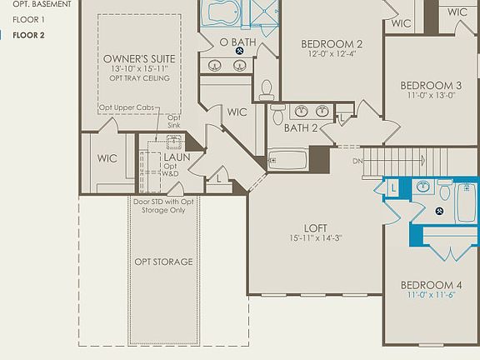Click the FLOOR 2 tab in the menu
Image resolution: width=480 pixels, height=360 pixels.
(x=28, y=35)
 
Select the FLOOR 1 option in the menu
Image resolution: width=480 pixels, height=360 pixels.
(x=28, y=19)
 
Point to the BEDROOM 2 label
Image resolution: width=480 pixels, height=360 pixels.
(x=331, y=44)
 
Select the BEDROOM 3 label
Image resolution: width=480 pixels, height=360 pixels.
(x=431, y=85)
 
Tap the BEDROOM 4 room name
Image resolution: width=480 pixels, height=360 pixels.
(x=431, y=284)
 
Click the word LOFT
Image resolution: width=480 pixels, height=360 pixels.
(x=315, y=227)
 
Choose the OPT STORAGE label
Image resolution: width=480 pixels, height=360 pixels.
(x=163, y=262)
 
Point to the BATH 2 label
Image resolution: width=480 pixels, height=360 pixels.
(x=301, y=127)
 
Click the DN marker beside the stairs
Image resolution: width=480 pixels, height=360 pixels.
(x=358, y=161)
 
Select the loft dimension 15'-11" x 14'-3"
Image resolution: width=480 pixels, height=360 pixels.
(x=315, y=238)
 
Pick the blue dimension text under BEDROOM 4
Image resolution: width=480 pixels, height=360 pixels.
(x=431, y=295)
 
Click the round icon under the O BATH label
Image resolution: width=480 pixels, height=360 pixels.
(x=239, y=51)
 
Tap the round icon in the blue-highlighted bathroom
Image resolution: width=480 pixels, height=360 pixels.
(x=437, y=210)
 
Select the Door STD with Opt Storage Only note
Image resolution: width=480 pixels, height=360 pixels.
(x=163, y=205)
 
